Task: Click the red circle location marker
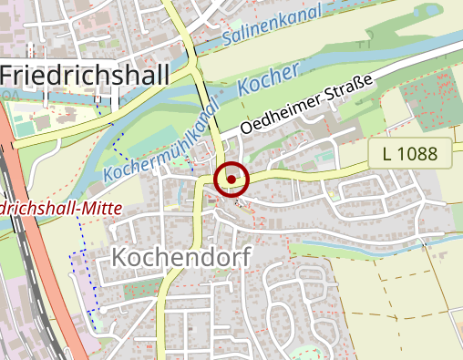pos(231,180)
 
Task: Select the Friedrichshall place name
pos(84,75)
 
